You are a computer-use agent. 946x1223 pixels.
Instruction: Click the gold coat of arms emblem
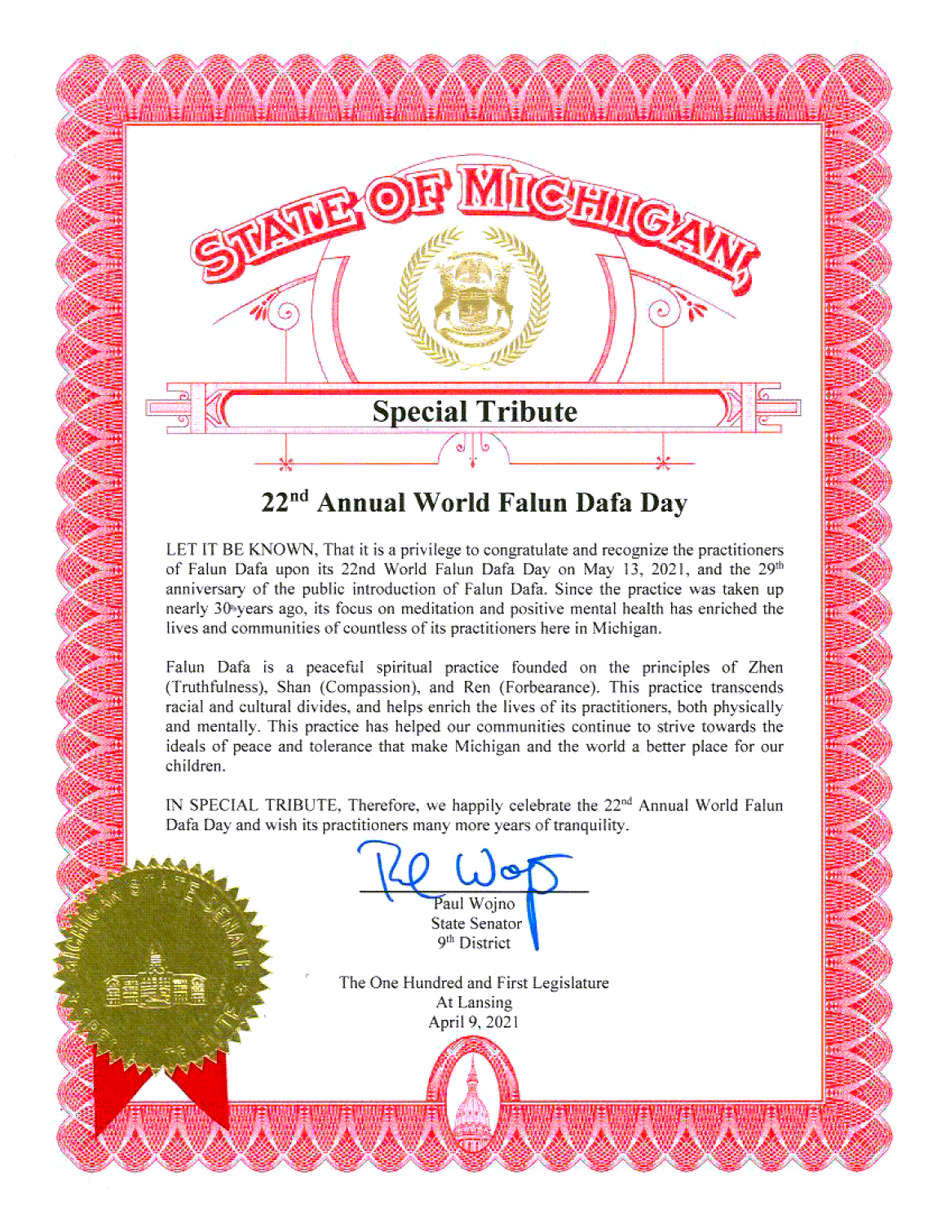coord(474,299)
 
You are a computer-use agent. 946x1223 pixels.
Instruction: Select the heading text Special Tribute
coord(475,411)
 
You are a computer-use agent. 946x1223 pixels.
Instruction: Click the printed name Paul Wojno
coord(475,904)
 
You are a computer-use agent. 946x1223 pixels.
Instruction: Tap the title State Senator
coord(476,924)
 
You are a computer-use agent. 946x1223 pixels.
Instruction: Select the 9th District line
coord(474,943)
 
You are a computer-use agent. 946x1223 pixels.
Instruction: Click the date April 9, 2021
coord(474,1022)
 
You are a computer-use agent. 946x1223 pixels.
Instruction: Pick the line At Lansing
coord(474,1003)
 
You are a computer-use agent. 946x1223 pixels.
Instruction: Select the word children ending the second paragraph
coord(194,766)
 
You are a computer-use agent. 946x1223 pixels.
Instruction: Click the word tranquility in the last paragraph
coord(590,825)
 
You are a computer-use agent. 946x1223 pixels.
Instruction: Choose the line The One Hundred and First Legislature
coord(474,983)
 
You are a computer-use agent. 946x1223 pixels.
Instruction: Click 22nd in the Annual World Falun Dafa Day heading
coord(285,502)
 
